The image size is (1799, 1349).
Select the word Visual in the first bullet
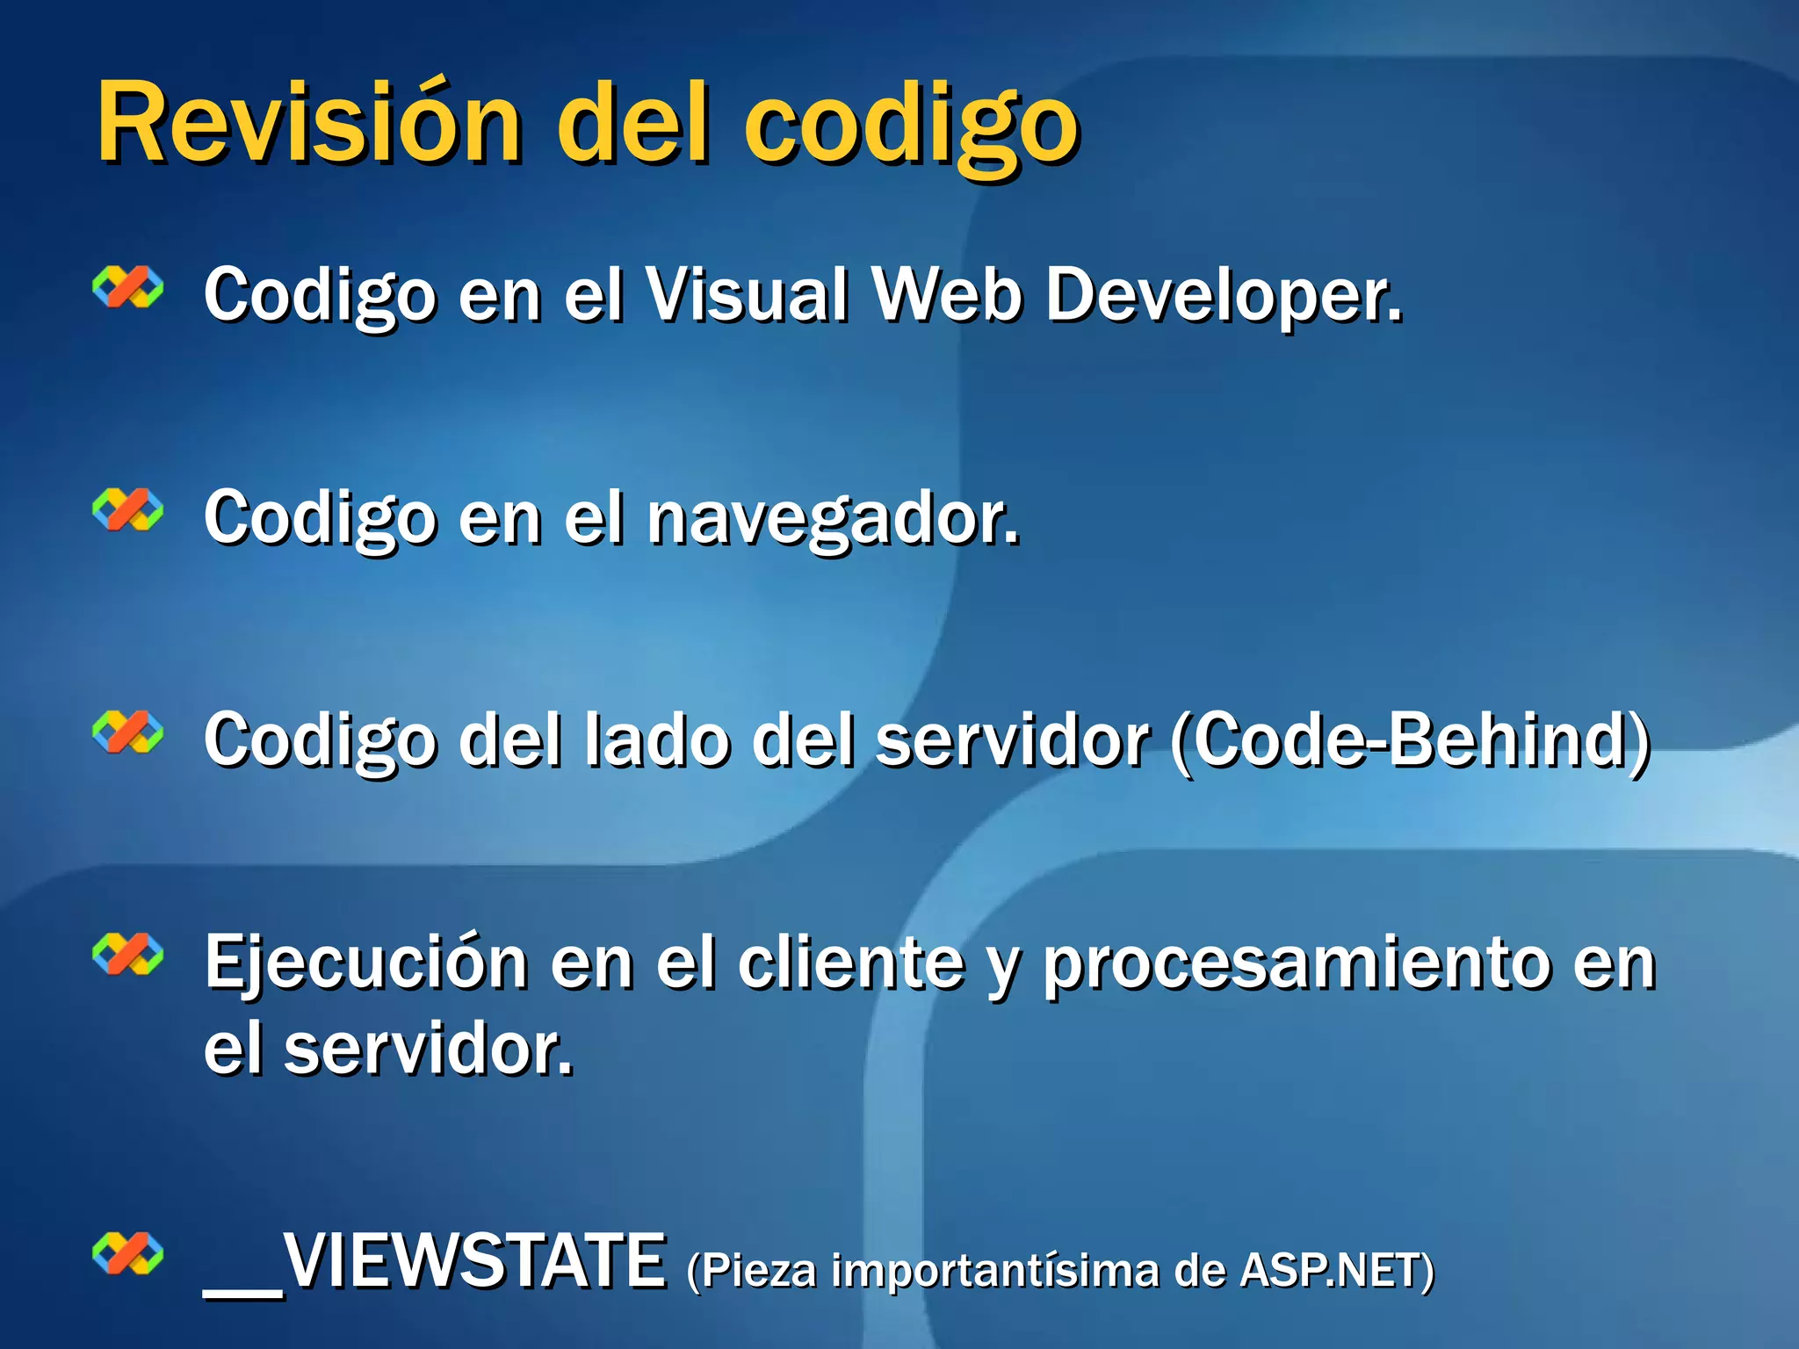tap(748, 294)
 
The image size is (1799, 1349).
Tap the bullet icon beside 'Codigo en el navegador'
tap(128, 509)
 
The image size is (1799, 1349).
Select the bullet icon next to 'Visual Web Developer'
tap(128, 287)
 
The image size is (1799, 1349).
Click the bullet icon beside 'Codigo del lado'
tap(128, 732)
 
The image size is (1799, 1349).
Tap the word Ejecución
tap(365, 963)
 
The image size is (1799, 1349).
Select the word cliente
tap(850, 963)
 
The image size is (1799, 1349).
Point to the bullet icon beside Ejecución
tap(128, 955)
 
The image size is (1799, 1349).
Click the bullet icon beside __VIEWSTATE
tap(128, 1253)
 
